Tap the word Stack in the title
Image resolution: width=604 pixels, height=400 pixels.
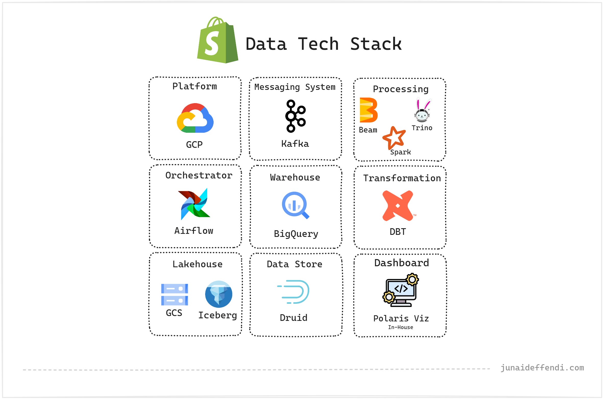coord(376,44)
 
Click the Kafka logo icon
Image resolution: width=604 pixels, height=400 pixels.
coord(295,116)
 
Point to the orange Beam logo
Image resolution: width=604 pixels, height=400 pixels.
coord(368,110)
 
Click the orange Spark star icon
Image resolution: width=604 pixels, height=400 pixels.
coord(394,137)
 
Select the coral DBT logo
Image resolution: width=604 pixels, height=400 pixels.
coord(398,205)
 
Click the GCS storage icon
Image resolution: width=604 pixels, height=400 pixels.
coord(175,295)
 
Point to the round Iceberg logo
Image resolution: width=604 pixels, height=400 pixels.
coord(219,294)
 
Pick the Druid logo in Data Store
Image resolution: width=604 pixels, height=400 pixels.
coord(294,292)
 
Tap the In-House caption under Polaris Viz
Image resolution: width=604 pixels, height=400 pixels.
coord(400,327)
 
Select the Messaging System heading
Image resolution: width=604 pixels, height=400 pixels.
coord(295,87)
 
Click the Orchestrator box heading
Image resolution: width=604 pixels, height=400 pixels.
coord(199,175)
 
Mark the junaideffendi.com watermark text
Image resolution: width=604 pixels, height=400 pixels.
coord(542,368)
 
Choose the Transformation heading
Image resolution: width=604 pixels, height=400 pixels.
coord(402,178)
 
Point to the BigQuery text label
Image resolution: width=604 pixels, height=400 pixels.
coord(296,234)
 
